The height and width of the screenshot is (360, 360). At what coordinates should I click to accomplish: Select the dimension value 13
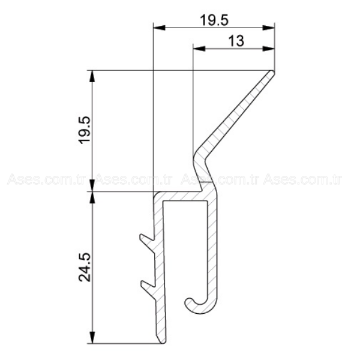click(x=236, y=40)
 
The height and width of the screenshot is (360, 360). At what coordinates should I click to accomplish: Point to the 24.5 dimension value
click(x=85, y=267)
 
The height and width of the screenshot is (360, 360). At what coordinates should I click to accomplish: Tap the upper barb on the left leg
click(x=146, y=239)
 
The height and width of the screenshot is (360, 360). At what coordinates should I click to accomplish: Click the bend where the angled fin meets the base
click(x=198, y=159)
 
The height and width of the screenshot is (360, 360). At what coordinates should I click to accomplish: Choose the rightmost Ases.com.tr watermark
click(x=303, y=179)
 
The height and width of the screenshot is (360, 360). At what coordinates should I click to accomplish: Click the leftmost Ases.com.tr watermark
click(x=45, y=179)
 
